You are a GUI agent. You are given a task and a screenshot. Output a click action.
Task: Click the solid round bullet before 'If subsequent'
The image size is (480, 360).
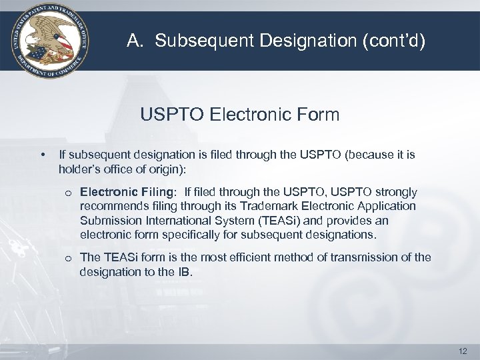pyautogui.click(x=43, y=155)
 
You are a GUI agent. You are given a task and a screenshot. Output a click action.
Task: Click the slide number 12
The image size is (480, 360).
pyautogui.click(x=463, y=350)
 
